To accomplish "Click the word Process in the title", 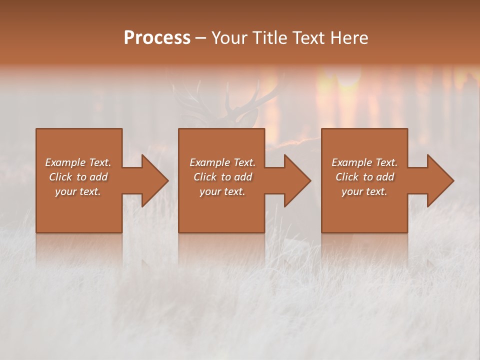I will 157,38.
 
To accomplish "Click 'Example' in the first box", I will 65,162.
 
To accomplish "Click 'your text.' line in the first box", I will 78,191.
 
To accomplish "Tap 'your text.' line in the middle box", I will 222,191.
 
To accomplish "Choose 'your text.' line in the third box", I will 364,191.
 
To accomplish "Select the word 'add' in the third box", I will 384,177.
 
